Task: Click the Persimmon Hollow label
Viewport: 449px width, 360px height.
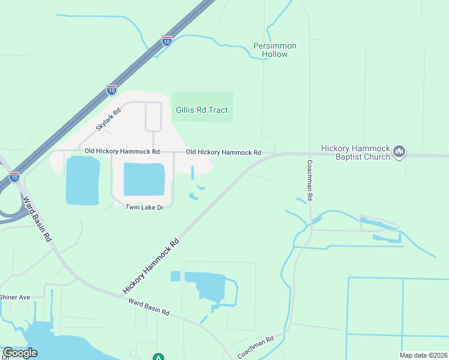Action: (x=275, y=50)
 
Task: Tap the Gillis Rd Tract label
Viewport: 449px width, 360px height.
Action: (x=202, y=110)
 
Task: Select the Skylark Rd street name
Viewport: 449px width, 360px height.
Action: (x=109, y=119)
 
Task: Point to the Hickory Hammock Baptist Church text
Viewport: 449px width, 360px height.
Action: (x=355, y=152)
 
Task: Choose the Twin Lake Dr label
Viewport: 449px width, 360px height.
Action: (x=144, y=208)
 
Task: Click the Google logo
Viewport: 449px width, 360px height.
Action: (x=20, y=353)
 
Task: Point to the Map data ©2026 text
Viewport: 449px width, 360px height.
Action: (x=423, y=355)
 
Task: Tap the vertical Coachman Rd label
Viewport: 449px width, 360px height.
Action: (x=310, y=180)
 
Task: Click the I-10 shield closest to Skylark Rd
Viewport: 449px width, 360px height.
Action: (x=112, y=90)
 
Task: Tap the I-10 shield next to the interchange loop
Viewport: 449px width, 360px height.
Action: (x=14, y=177)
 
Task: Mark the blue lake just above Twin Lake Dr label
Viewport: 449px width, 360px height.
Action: (x=144, y=179)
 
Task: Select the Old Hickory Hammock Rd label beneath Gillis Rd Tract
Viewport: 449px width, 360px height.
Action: (x=223, y=153)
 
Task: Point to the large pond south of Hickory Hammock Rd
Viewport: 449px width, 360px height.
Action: (x=207, y=286)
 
